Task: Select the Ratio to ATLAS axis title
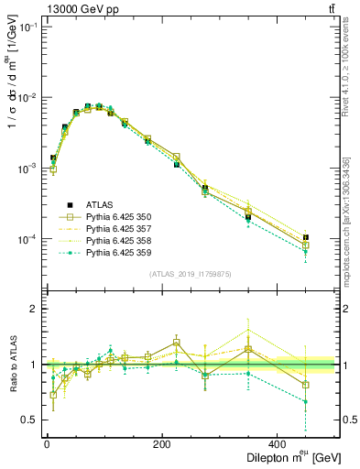(x=12, y=364)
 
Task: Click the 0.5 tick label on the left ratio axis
(x=27, y=420)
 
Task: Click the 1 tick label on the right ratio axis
(x=346, y=365)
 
